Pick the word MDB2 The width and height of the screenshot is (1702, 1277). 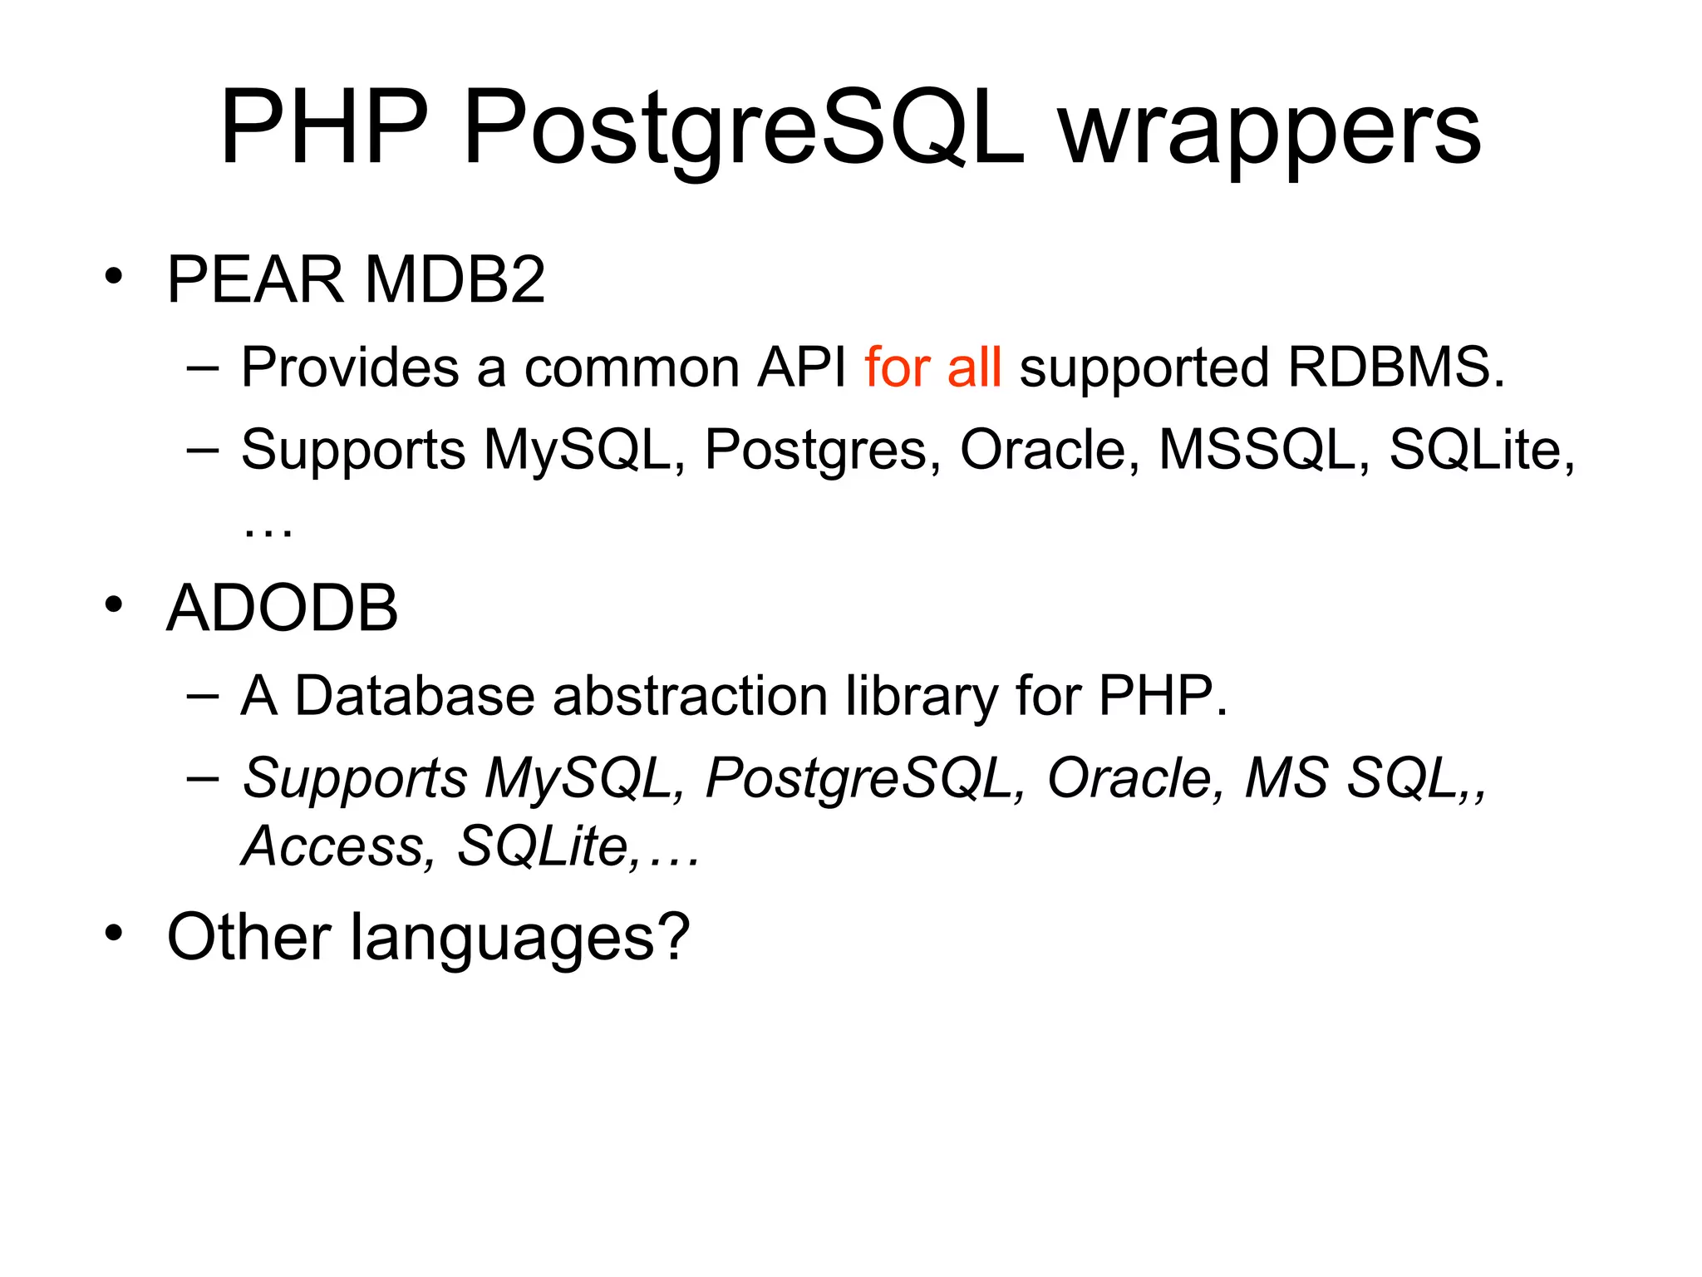click(455, 279)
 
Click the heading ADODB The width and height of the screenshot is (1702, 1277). click(283, 608)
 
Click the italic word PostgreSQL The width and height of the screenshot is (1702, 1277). click(864, 779)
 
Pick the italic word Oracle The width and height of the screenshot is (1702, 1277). click(1134, 778)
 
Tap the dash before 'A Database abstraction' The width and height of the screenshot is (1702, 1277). click(203, 695)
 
